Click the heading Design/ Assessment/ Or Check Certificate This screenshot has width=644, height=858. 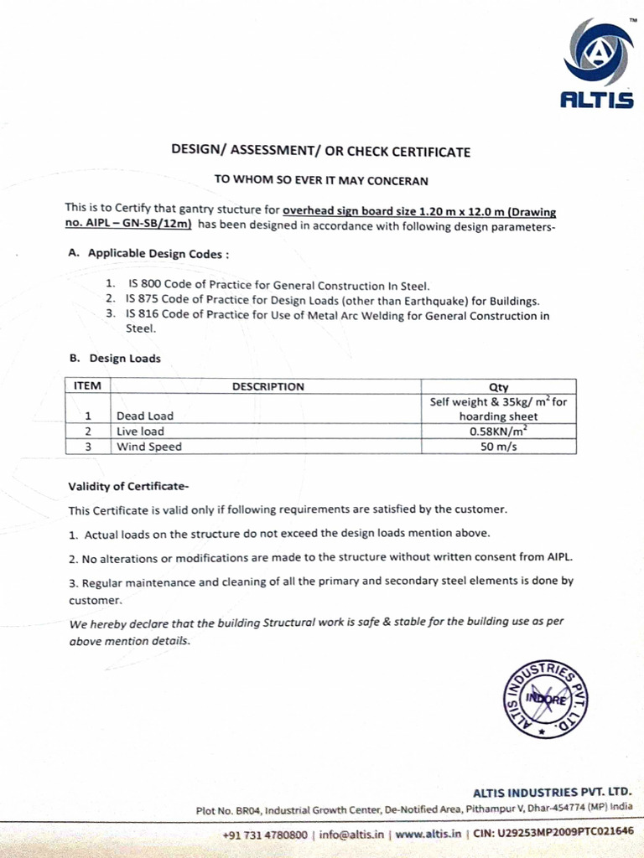click(321, 152)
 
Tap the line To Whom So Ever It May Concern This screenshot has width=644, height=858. click(321, 179)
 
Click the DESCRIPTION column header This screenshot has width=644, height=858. click(267, 386)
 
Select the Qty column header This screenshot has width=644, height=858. click(498, 387)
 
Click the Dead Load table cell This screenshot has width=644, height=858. click(145, 416)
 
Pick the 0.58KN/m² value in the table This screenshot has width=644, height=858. click(498, 431)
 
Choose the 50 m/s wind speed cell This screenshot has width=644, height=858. click(498, 446)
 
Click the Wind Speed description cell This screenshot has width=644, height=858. click(149, 447)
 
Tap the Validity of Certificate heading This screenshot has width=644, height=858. click(129, 487)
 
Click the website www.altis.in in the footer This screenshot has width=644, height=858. click(428, 835)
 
